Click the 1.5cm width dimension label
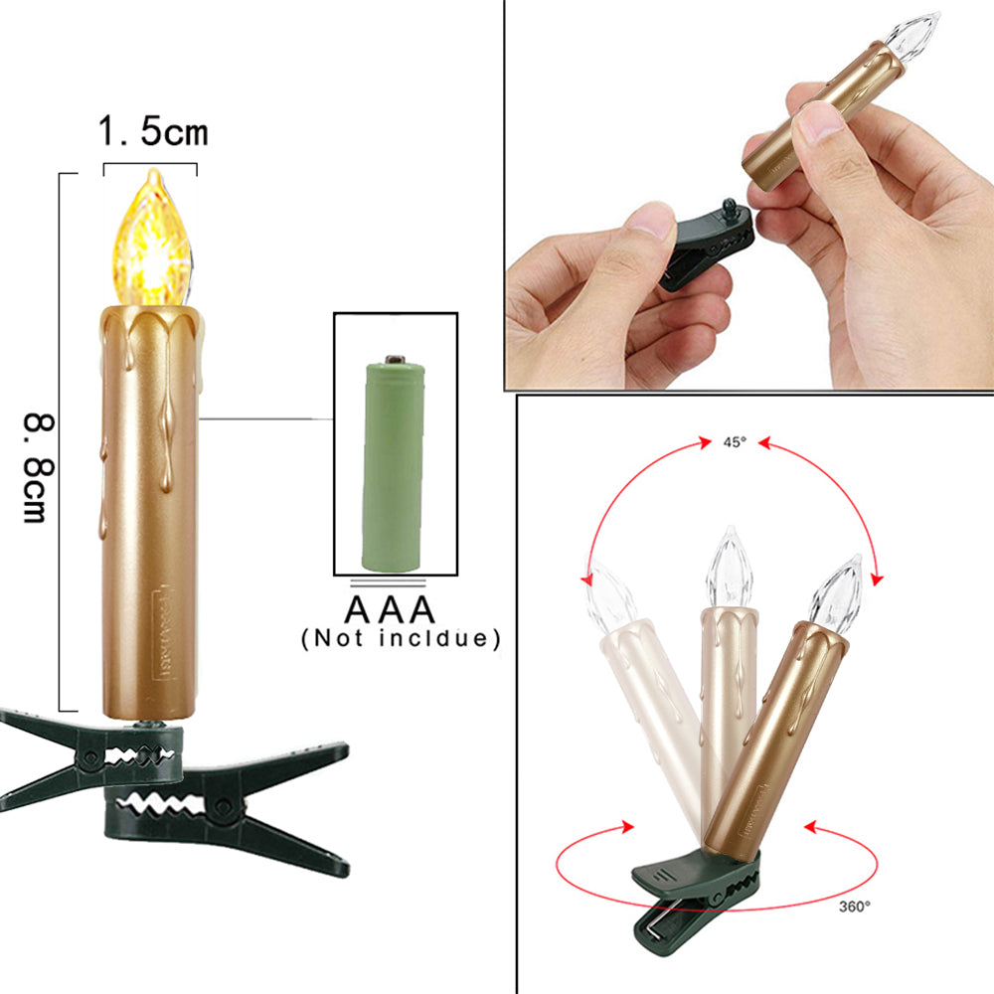pyautogui.click(x=153, y=132)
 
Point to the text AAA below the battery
pyautogui.click(x=390, y=610)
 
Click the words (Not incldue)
pyautogui.click(x=402, y=638)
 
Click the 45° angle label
pyautogui.click(x=735, y=442)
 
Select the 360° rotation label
pyautogui.click(x=855, y=908)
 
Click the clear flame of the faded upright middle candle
pyautogui.click(x=729, y=568)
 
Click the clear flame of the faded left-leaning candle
pyautogui.click(x=611, y=595)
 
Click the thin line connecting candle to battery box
pyautogui.click(x=266, y=419)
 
